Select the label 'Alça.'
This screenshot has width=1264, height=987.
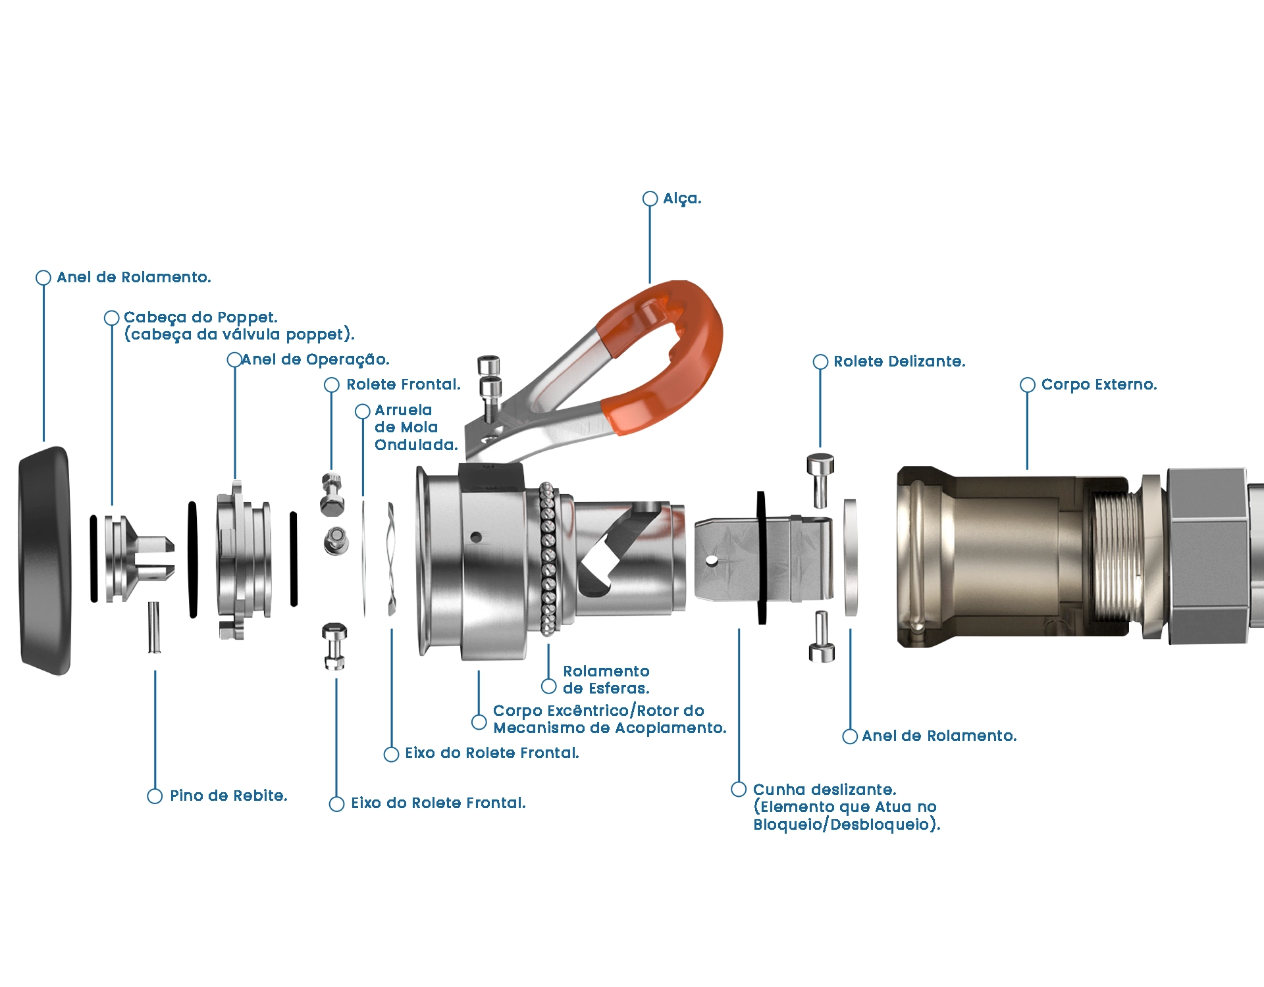682,199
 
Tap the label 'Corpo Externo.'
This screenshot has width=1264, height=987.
1099,385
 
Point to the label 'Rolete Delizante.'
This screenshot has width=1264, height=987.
899,362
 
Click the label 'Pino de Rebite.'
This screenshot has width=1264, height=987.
228,796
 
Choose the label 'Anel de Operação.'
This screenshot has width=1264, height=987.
315,360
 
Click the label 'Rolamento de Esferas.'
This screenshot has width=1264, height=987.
606,680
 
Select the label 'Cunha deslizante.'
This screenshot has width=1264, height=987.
824,790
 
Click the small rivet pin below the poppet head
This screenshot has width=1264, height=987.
154,626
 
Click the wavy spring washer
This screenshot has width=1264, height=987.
392,559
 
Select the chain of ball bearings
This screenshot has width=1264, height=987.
548,559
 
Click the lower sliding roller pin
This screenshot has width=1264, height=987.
822,637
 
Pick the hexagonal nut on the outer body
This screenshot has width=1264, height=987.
1208,556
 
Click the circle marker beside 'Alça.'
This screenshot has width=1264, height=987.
650,199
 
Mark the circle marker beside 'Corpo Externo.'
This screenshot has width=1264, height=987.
1027,385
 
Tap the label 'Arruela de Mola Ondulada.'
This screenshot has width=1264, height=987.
415,428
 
